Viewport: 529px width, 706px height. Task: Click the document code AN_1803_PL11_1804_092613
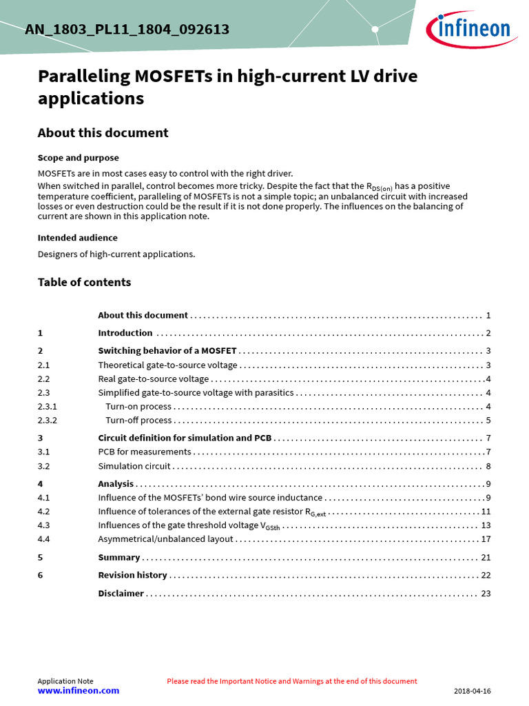point(127,30)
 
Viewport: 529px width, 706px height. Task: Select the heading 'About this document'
point(103,133)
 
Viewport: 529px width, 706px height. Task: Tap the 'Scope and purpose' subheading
point(78,158)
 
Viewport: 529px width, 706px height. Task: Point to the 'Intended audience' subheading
point(77,238)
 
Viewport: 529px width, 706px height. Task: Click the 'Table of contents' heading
point(84,282)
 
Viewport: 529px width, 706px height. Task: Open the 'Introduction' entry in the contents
point(125,333)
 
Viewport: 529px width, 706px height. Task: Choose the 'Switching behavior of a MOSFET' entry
point(167,350)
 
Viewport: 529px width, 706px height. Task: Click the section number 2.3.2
point(48,421)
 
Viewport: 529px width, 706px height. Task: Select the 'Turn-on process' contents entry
point(138,407)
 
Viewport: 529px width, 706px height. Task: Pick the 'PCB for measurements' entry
point(145,452)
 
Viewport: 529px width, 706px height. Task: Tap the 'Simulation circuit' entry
point(134,466)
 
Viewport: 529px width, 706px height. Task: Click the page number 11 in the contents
point(486,512)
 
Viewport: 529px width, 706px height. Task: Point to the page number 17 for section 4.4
point(486,539)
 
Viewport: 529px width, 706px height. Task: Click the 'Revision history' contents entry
point(132,575)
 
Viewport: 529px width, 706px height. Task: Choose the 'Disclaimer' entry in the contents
point(121,593)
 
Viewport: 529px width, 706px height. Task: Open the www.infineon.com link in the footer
point(78,691)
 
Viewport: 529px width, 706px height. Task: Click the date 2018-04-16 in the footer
point(473,691)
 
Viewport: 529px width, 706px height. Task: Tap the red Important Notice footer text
point(291,681)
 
